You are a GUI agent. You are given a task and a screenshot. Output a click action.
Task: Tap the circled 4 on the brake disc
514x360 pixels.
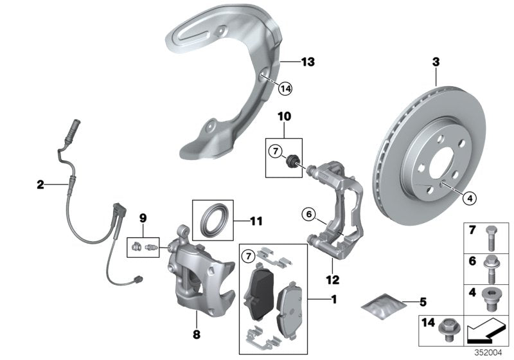point(470,199)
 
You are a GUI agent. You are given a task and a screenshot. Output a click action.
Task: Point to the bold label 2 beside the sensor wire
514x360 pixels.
point(40,184)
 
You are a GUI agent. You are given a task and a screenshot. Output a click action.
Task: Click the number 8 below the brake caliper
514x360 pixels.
point(196,334)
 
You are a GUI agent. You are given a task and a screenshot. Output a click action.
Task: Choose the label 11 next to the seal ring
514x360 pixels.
point(256,222)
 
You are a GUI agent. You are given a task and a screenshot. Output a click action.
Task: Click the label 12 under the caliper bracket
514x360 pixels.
point(333,280)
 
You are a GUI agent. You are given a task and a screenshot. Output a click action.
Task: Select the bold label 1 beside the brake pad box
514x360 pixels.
point(333,299)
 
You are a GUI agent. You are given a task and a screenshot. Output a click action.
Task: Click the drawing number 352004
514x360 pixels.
point(494,353)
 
